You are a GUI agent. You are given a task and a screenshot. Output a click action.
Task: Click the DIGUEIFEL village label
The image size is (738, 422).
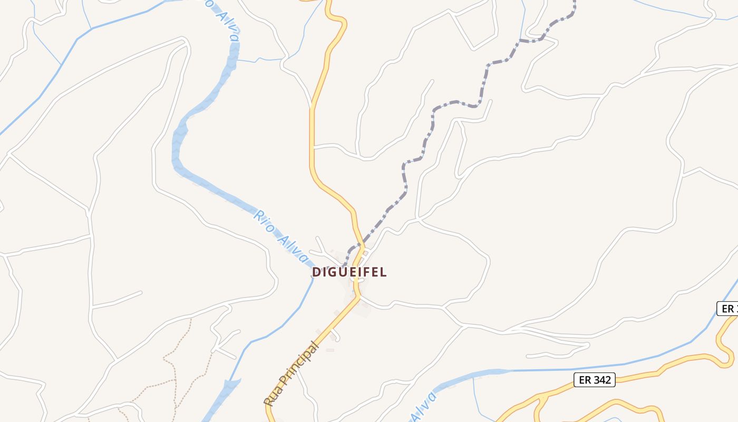click(x=349, y=272)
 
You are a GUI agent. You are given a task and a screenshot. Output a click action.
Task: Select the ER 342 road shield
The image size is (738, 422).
click(x=595, y=379)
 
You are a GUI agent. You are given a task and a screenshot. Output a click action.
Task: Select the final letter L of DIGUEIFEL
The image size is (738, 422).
click(x=383, y=272)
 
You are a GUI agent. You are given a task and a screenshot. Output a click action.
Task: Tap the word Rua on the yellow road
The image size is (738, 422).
click(x=271, y=398)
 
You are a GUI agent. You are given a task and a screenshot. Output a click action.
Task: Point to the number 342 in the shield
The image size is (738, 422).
click(x=601, y=379)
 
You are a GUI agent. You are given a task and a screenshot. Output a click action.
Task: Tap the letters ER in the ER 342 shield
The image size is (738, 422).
click(x=584, y=379)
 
